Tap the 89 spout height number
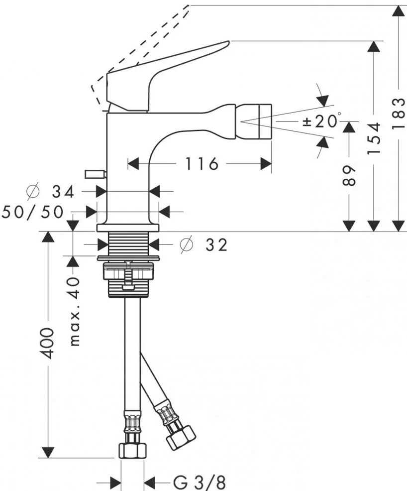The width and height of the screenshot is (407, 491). point(350,175)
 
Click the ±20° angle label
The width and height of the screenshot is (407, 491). point(321,121)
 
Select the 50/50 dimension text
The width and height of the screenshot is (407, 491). point(33,212)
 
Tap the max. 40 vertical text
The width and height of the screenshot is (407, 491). point(75,312)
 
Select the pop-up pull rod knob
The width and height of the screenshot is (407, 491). point(95,174)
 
